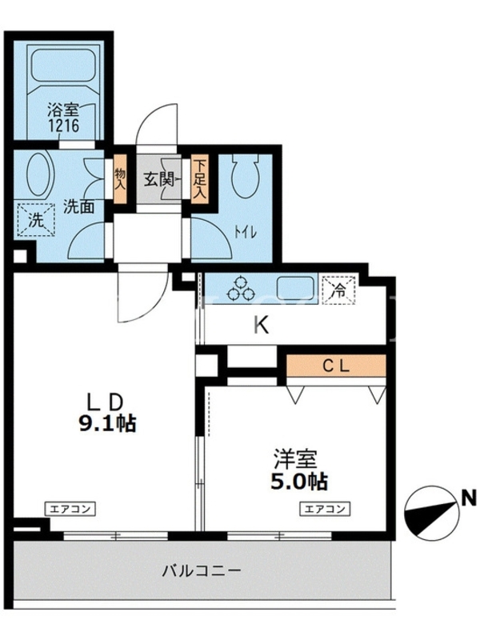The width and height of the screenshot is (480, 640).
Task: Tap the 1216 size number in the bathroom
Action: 64,126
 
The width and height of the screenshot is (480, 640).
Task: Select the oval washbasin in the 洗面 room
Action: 40,175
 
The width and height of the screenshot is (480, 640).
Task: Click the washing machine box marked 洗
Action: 36,221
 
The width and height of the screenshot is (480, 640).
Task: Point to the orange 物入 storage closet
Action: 120,179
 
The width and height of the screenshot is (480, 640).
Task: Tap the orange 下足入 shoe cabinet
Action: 199,178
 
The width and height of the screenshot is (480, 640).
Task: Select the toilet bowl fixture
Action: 245,176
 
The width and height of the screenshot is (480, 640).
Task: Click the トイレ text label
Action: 245,233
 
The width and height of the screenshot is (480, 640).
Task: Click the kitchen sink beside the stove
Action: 296,288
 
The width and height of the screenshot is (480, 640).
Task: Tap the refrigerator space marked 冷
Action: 338,290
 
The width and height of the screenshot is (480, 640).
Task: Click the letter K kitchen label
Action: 262,326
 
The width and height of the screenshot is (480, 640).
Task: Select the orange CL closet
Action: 336,366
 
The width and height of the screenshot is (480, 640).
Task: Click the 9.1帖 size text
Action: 107,424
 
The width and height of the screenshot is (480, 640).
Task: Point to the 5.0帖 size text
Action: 299,482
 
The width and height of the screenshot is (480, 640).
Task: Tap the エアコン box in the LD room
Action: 70,509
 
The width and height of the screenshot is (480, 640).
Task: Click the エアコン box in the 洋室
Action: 326,509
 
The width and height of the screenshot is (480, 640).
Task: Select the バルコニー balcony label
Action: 202,570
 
